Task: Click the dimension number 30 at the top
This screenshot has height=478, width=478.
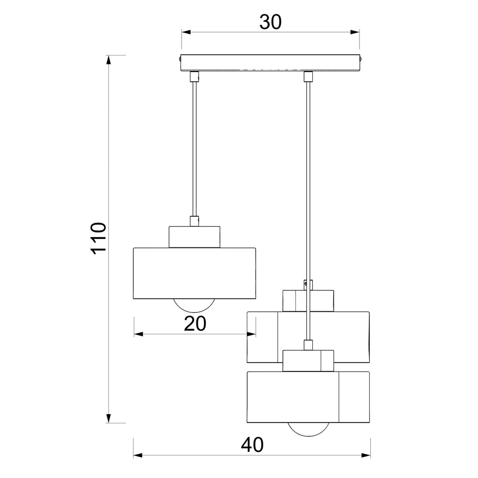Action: (x=270, y=22)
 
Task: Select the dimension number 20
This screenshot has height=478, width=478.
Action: (x=195, y=323)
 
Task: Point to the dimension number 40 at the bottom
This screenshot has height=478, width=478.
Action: (x=252, y=445)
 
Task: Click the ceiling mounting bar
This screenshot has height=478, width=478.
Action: (x=270, y=63)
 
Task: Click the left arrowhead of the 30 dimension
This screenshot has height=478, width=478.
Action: (x=186, y=32)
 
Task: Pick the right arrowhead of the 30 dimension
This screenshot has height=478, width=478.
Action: (x=355, y=32)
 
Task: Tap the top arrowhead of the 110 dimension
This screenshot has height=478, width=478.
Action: (x=108, y=60)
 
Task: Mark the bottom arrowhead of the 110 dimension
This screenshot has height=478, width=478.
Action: (x=108, y=418)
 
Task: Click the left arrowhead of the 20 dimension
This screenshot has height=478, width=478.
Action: (x=138, y=334)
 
